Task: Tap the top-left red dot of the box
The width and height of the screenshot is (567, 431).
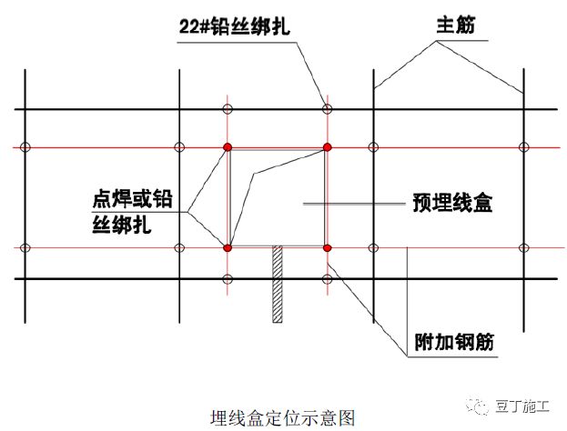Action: click(x=228, y=146)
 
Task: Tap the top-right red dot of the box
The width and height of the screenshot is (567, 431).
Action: click(x=328, y=146)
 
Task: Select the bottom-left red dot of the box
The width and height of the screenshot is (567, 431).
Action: click(x=228, y=247)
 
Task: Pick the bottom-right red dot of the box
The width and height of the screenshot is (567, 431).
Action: click(x=328, y=247)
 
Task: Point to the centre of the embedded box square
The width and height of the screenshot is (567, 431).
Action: click(x=278, y=197)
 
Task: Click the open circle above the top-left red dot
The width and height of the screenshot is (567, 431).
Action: click(x=228, y=110)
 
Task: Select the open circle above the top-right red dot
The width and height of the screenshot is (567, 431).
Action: click(x=328, y=110)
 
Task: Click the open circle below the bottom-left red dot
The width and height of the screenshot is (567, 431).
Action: click(x=228, y=279)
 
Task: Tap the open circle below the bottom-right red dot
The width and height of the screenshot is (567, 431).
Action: click(x=328, y=279)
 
